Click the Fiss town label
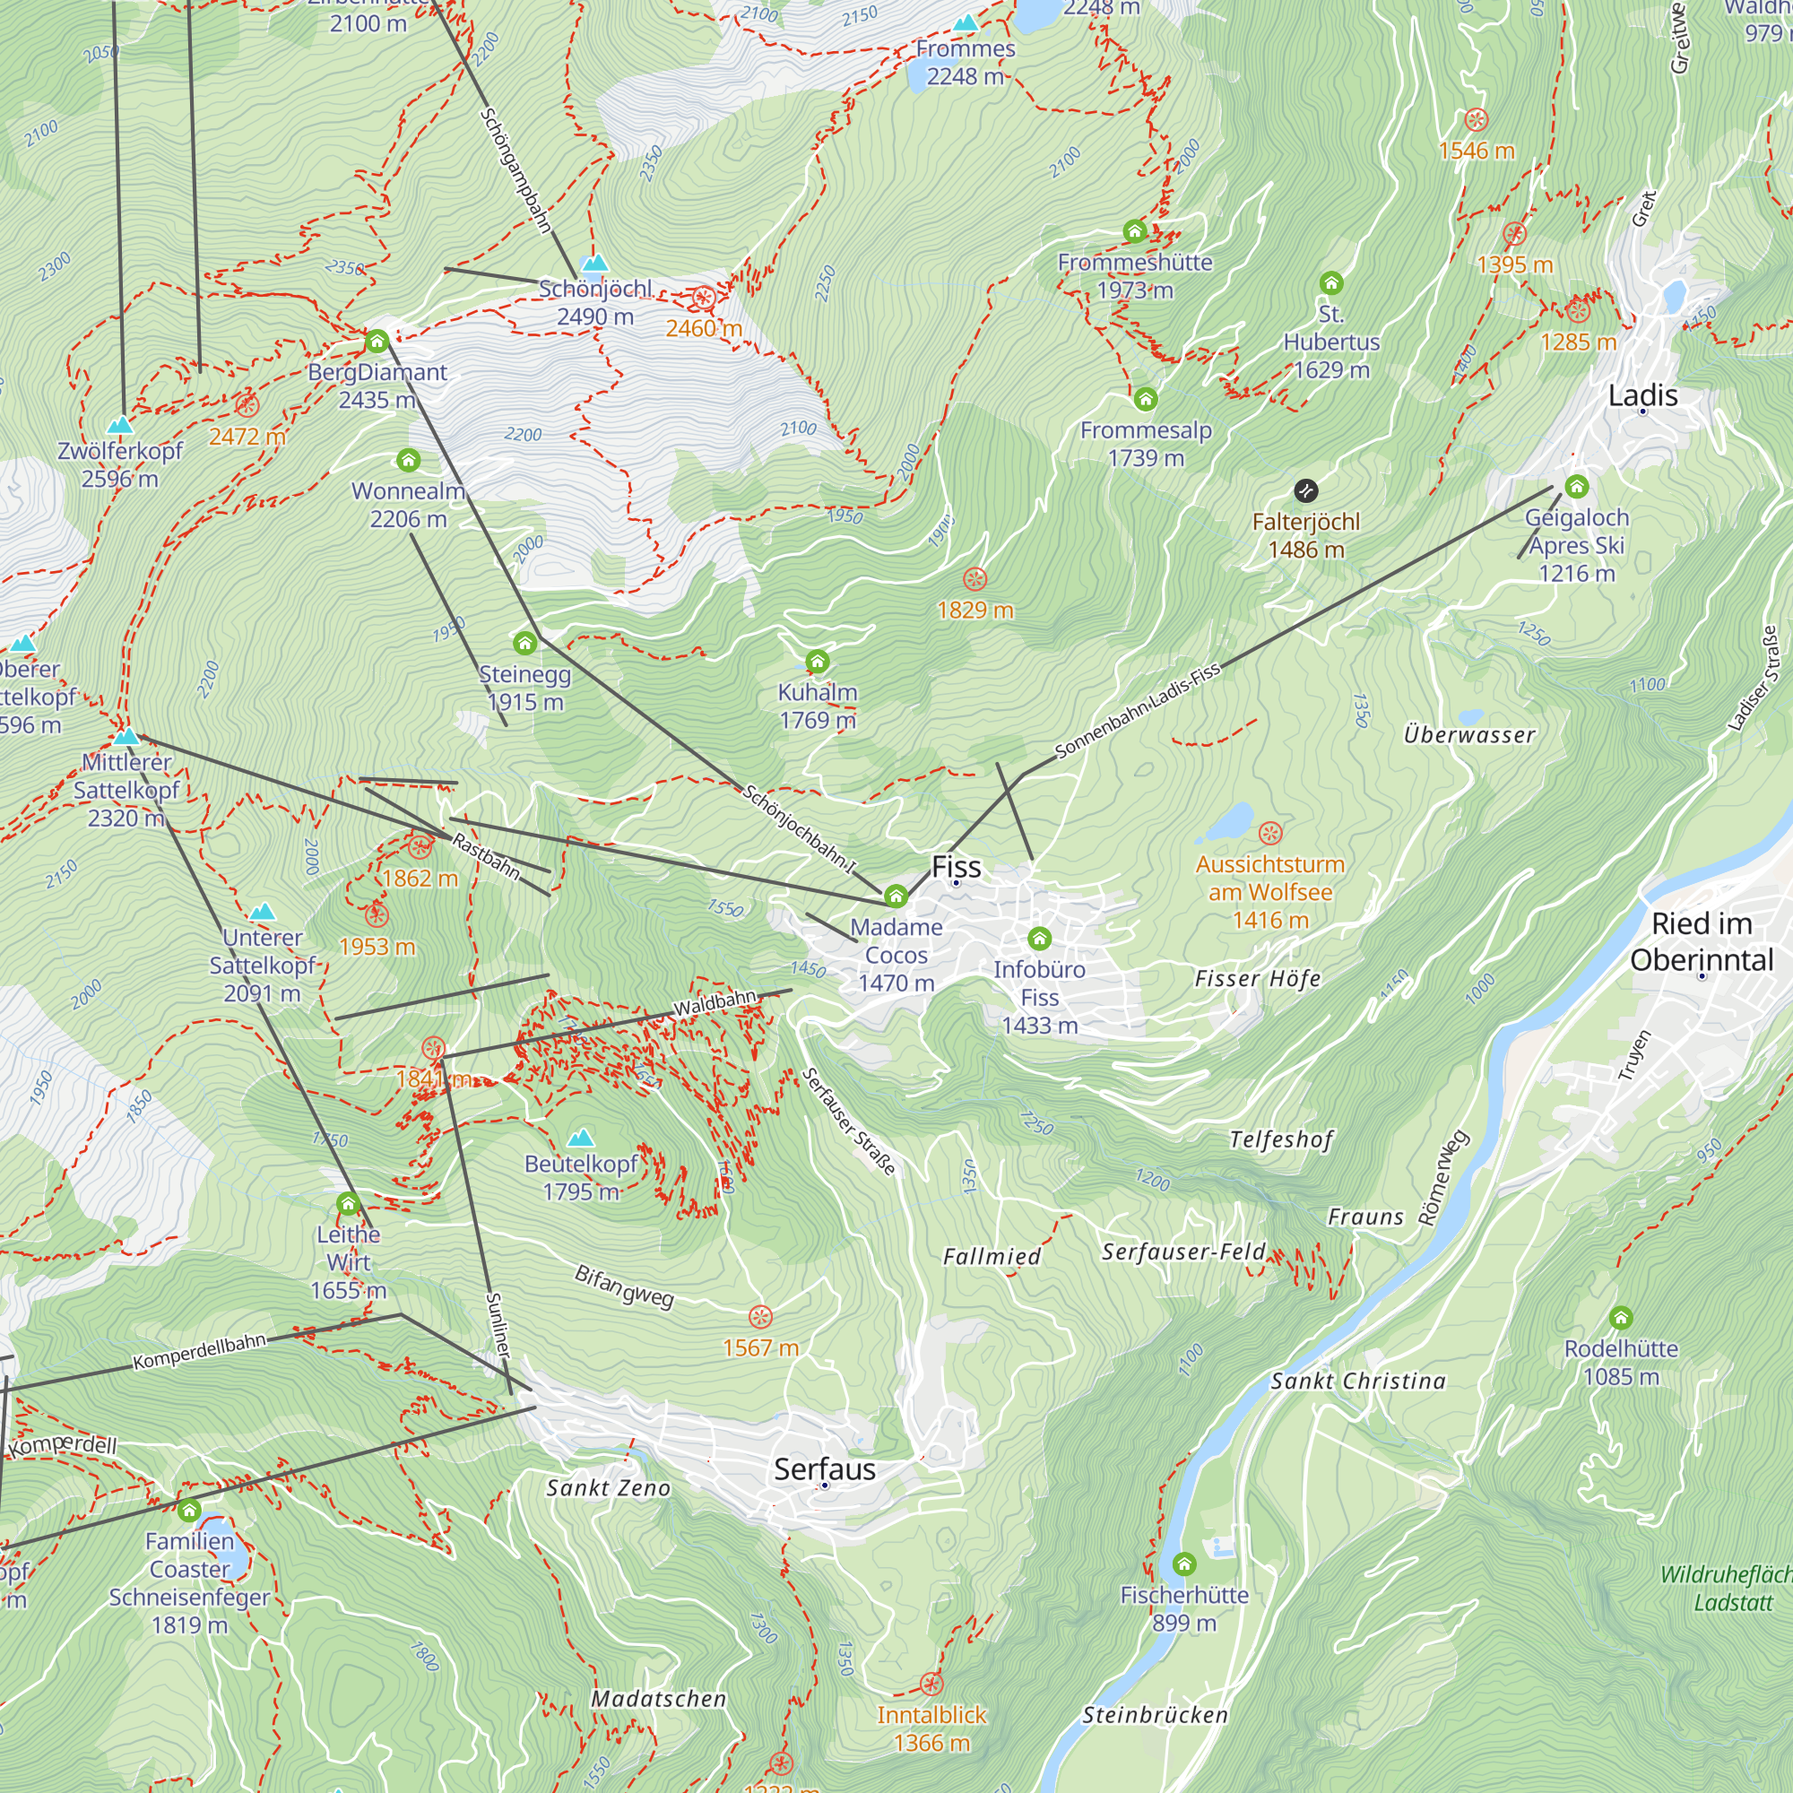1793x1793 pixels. click(x=956, y=867)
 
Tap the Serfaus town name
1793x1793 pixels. click(x=824, y=1469)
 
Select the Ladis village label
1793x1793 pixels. click(x=1642, y=395)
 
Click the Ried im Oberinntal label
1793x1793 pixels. click(x=1702, y=941)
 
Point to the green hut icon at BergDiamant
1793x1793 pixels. click(x=377, y=342)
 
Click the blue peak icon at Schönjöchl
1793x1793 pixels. click(x=595, y=263)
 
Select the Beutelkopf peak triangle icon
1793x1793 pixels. click(x=581, y=1137)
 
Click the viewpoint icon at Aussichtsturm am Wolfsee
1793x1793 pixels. click(x=1270, y=833)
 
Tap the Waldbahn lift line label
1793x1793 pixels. click(x=715, y=1003)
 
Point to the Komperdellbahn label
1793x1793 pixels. click(x=200, y=1351)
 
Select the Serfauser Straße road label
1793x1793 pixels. click(x=848, y=1122)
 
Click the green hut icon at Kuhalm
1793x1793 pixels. click(x=817, y=661)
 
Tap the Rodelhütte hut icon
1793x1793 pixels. click(x=1620, y=1317)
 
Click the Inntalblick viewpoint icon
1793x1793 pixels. click(x=931, y=1684)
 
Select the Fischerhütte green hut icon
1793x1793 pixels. click(x=1183, y=1563)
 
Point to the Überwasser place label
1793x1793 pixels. click(x=1469, y=735)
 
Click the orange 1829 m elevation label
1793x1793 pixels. click(x=974, y=610)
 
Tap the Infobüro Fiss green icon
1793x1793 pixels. click(x=1039, y=939)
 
